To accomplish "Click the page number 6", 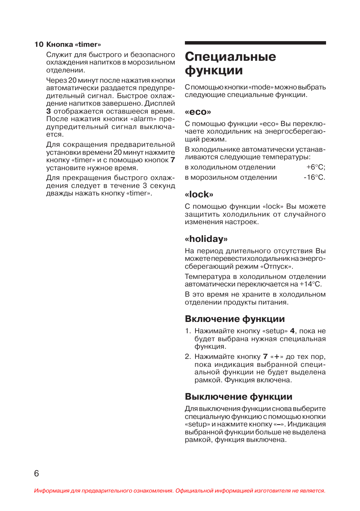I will (x=37, y=473).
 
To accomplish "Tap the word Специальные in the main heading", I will (x=230, y=57).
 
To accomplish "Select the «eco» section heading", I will (x=198, y=112).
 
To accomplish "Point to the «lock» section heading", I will (x=199, y=194).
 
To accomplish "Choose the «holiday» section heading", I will (x=206, y=239).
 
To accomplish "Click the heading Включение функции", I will (x=235, y=319).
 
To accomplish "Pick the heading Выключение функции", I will (x=238, y=397).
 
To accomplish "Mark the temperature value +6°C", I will (x=315, y=167).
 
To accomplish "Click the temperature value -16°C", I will (x=314, y=177).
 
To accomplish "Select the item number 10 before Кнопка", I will (x=39, y=45).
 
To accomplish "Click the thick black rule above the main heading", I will (x=255, y=43).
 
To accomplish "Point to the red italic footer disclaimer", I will (x=180, y=491).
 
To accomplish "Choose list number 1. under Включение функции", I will (x=188, y=331).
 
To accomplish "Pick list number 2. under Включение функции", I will (x=188, y=357).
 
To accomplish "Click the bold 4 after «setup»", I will (x=292, y=331).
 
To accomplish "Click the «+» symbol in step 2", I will (x=277, y=357).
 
